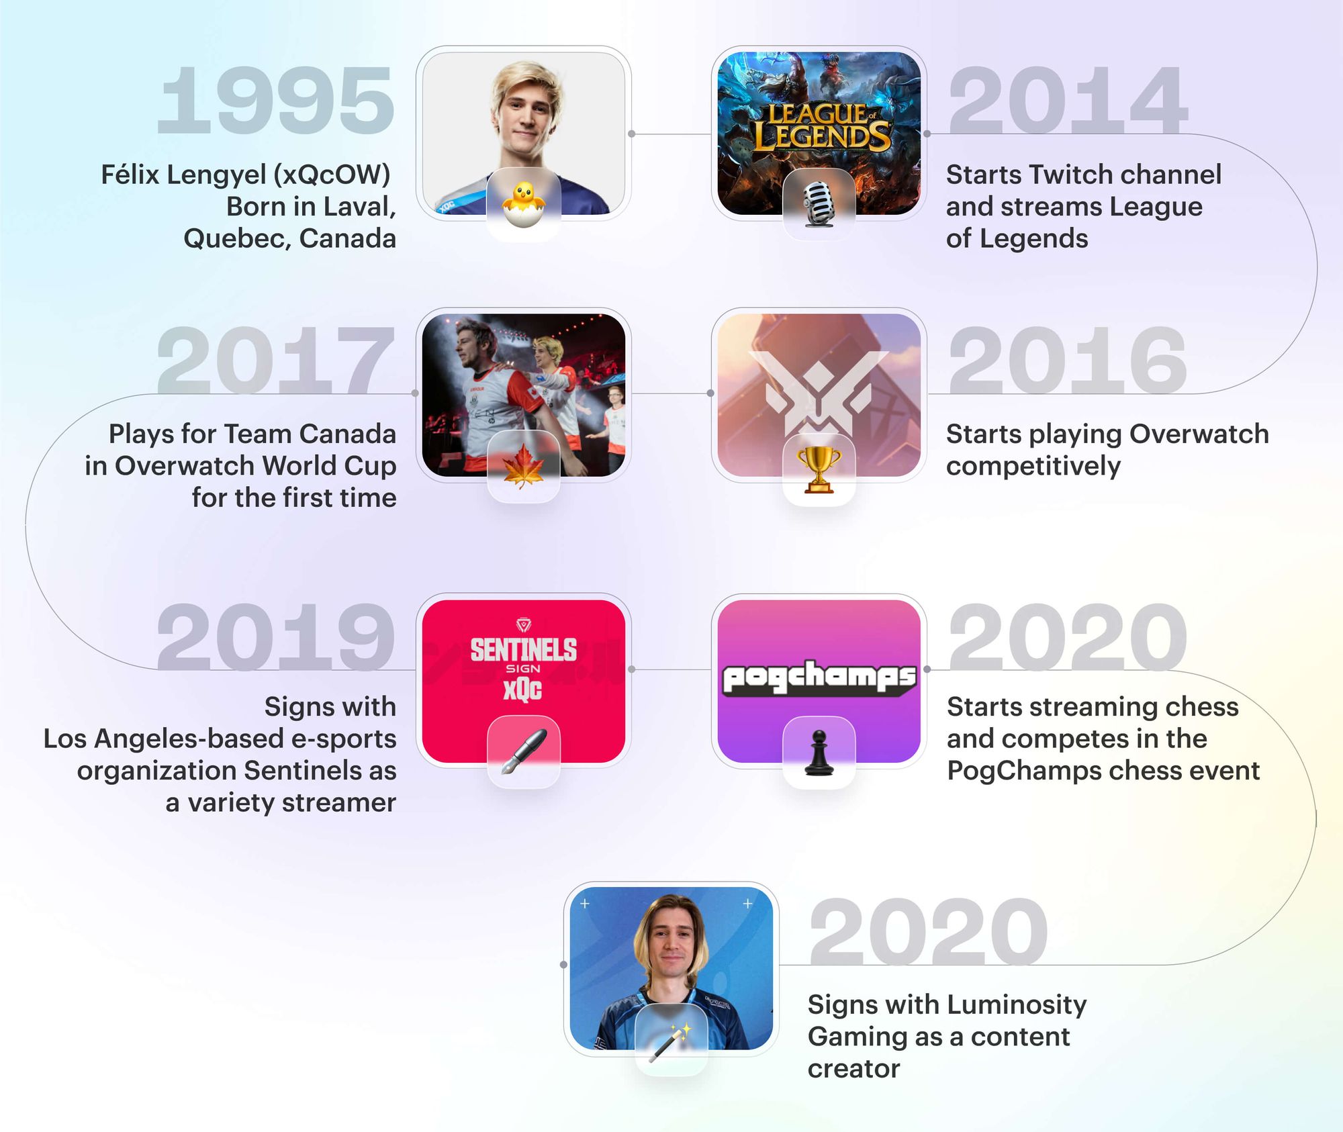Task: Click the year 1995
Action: pos(275,101)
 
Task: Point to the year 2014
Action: pos(1068,101)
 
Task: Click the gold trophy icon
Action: pos(819,469)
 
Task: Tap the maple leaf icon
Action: pos(523,467)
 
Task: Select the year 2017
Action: pos(275,361)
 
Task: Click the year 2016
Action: pos(1068,361)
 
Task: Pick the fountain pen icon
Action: pos(523,751)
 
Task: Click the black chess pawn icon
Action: pos(819,753)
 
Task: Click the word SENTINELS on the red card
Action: pos(523,649)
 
